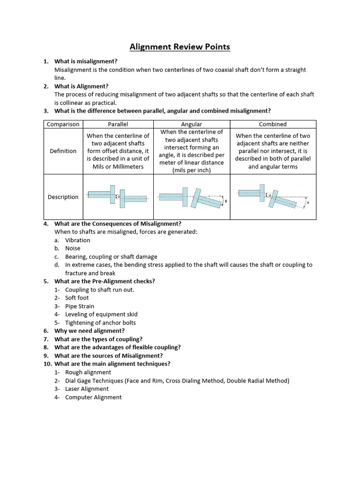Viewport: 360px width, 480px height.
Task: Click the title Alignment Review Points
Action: tap(180, 47)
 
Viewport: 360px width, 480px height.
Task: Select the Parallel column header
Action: tap(118, 124)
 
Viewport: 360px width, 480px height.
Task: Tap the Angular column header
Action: tap(191, 124)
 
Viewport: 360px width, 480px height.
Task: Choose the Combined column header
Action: tap(273, 124)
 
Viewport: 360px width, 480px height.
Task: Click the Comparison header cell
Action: tap(63, 124)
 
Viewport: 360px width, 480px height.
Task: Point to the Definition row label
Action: tap(63, 151)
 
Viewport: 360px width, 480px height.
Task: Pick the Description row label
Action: tap(63, 197)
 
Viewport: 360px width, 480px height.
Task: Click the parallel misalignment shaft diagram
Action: tap(118, 197)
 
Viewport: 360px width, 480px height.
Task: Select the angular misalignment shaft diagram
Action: tap(191, 197)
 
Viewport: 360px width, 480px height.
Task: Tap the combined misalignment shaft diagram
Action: tap(273, 197)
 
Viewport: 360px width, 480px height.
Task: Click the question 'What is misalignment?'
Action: tap(86, 61)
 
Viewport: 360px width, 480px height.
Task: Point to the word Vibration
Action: tap(78, 240)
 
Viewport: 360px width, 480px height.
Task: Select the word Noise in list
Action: tap(73, 248)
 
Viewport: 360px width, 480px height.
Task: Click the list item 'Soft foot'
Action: tap(77, 298)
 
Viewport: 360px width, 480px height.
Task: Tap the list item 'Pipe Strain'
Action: tap(80, 306)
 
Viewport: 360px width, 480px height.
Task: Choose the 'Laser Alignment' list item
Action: tap(87, 389)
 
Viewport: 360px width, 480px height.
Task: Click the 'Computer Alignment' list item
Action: tap(93, 397)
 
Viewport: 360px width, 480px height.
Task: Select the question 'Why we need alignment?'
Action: tap(90, 331)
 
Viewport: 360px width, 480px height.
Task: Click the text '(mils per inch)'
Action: tap(191, 170)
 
